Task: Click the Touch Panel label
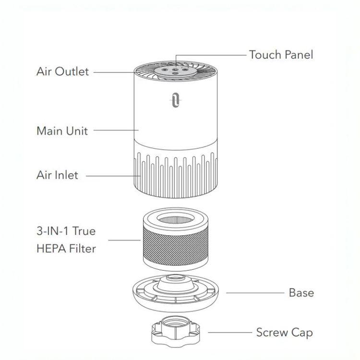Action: pos(281,55)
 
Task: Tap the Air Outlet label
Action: pos(62,72)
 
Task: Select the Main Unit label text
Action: pos(62,131)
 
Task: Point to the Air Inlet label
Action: pos(57,175)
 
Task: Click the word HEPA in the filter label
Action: pos(51,249)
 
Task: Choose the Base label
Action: pos(301,292)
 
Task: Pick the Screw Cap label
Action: pos(285,332)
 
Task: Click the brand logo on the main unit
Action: pos(175,100)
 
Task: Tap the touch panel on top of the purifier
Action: pos(174,71)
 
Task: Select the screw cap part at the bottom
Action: pos(175,331)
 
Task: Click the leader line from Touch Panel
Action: pos(211,55)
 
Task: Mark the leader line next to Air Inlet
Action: pos(113,176)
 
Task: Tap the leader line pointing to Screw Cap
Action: pos(230,332)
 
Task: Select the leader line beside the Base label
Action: pos(254,292)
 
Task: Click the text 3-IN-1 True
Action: pos(66,231)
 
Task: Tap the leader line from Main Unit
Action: pos(115,130)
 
